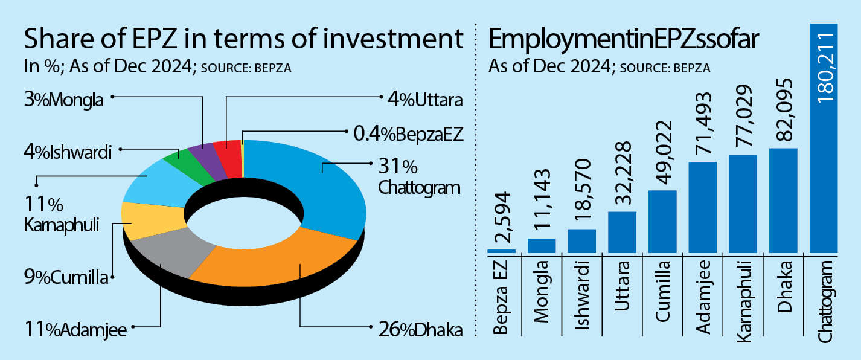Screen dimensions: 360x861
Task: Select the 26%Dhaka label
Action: [420, 330]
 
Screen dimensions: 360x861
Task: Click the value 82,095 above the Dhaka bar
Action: [783, 112]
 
